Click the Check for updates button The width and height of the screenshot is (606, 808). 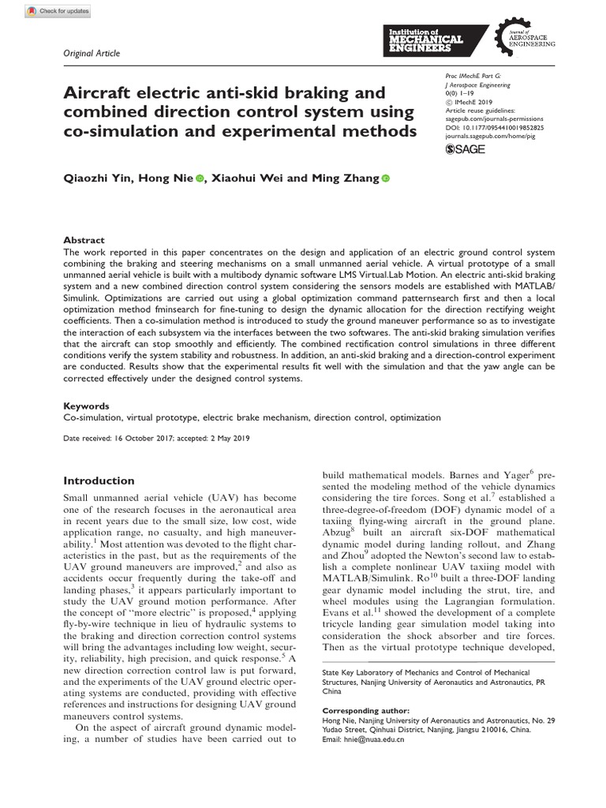[59, 11]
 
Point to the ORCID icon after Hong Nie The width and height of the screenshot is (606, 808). [199, 179]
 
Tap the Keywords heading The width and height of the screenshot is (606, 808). [87, 404]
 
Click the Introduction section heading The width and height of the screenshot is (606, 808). [99, 481]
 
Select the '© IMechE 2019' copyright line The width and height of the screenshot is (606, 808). [473, 101]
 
